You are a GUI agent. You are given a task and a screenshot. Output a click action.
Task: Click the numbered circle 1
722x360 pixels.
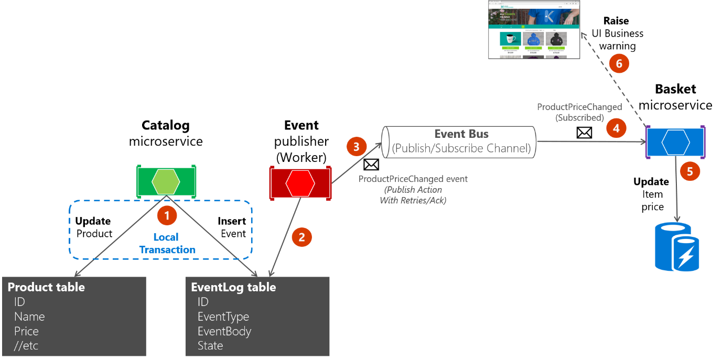click(167, 215)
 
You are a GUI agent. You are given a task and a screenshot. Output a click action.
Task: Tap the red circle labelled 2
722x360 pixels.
click(301, 237)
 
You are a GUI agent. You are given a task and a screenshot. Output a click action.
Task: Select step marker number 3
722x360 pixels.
click(357, 147)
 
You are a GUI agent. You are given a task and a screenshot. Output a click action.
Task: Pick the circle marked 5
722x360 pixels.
click(690, 171)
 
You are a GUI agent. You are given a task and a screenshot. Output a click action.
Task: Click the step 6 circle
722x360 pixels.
click(619, 64)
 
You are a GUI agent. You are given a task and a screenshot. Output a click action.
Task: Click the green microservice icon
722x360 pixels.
click(166, 181)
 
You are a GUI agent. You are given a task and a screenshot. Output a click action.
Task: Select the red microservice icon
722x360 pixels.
click(300, 182)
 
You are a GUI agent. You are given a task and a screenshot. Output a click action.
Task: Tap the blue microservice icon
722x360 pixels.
click(675, 142)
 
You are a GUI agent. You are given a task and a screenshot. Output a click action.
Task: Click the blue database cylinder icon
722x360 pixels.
click(677, 246)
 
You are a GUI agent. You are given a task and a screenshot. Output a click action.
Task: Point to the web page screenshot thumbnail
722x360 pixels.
click(534, 29)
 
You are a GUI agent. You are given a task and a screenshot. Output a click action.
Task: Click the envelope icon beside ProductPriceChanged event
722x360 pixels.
click(371, 165)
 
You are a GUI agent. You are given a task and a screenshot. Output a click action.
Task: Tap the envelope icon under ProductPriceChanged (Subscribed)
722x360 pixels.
click(584, 132)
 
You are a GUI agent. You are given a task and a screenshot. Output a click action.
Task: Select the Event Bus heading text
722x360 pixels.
click(461, 134)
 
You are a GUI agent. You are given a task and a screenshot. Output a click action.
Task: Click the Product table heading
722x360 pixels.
click(46, 287)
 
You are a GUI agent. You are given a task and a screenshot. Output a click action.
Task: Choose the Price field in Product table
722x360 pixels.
click(26, 331)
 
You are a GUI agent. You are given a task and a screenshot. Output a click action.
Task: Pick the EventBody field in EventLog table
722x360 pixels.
click(224, 331)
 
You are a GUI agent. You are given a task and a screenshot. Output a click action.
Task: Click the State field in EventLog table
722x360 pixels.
click(210, 346)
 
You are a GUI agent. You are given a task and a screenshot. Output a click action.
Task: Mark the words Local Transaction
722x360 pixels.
click(167, 244)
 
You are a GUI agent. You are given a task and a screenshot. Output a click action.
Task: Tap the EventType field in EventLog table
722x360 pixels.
click(223, 317)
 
